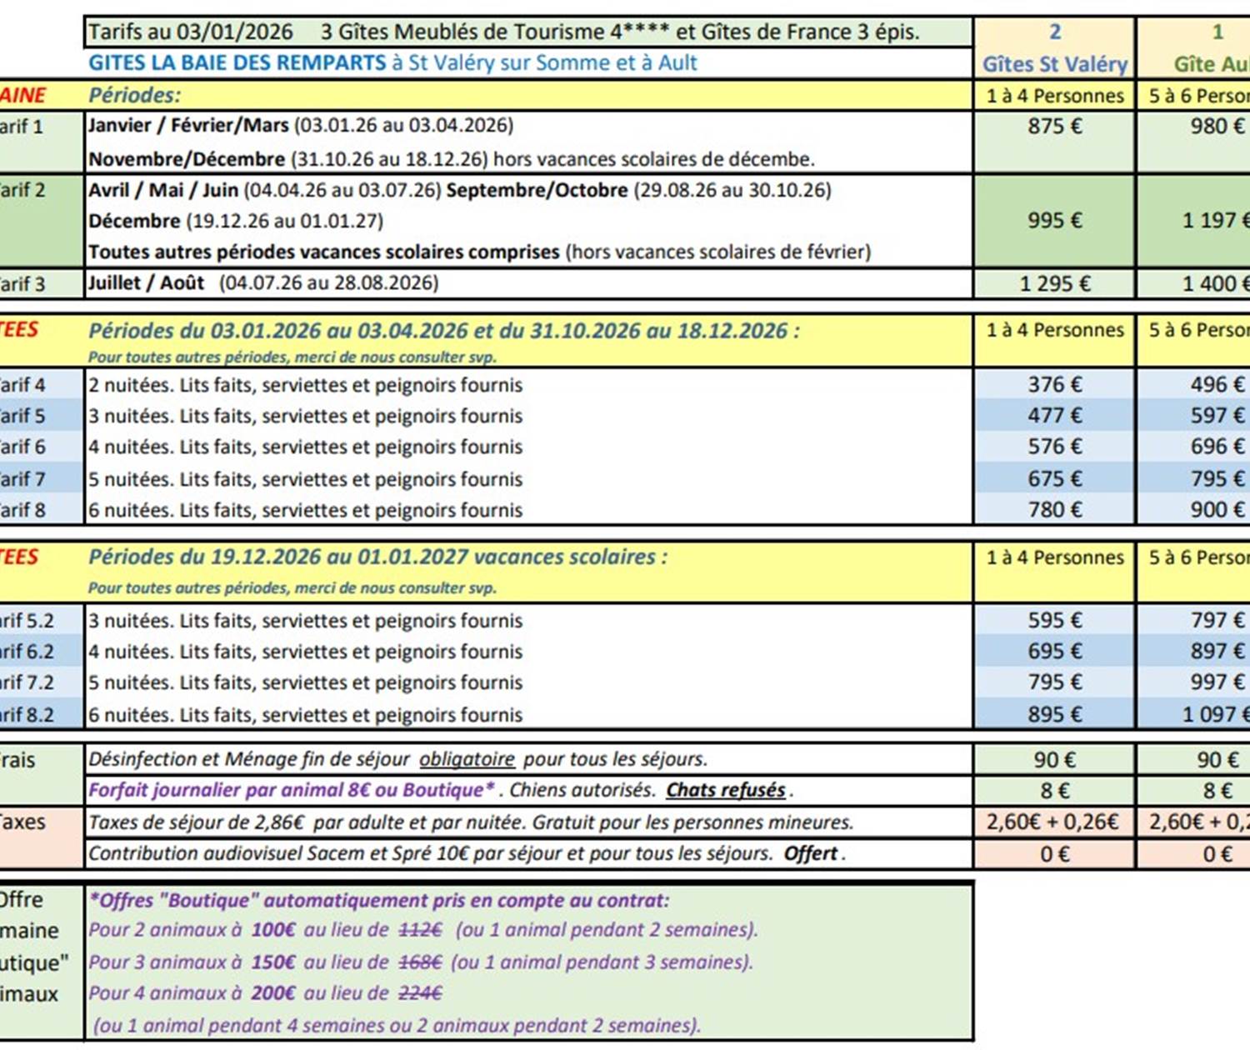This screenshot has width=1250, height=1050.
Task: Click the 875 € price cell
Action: (1054, 127)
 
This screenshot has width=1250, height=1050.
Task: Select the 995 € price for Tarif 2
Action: (1054, 221)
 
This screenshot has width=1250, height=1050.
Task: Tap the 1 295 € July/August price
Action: (1054, 284)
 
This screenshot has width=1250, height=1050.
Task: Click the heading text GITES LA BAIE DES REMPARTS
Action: (237, 63)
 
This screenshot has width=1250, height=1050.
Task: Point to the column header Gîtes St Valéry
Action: (1054, 64)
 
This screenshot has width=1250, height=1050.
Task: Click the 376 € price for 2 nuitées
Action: (1054, 385)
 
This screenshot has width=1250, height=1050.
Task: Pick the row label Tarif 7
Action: (23, 479)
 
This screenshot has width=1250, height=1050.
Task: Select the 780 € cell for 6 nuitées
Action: (1054, 510)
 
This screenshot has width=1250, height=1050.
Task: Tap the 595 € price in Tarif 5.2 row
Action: (1054, 621)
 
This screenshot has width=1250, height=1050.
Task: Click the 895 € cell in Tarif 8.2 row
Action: (1054, 715)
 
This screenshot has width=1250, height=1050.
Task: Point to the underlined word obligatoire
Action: (467, 760)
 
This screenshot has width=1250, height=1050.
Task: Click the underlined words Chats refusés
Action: (726, 790)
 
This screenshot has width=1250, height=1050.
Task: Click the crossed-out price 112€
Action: (420, 930)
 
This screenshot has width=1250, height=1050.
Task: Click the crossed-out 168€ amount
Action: (419, 962)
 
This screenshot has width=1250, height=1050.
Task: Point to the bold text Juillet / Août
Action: (146, 283)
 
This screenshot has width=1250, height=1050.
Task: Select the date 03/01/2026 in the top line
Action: (235, 32)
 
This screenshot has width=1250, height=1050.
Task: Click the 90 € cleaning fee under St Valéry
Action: (1054, 760)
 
